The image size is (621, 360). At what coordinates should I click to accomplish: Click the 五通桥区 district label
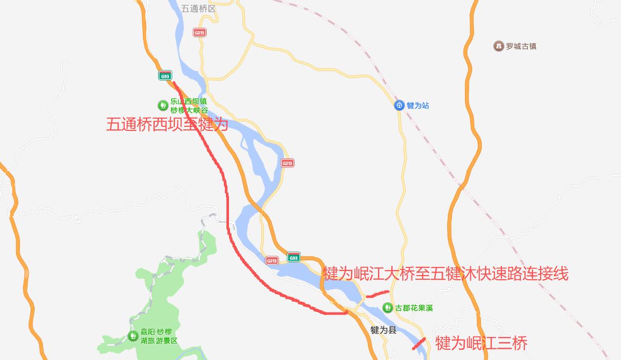(198, 9)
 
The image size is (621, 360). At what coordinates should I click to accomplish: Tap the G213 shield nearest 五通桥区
(199, 32)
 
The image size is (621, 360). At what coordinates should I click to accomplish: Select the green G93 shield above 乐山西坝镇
(165, 76)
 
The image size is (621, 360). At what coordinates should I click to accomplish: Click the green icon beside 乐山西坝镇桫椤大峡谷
(163, 105)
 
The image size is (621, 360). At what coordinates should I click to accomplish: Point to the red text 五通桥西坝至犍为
(167, 124)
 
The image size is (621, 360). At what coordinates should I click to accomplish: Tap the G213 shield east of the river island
(287, 163)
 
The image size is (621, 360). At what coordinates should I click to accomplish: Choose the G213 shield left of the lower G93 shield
(272, 260)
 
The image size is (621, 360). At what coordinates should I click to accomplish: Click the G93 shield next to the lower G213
(293, 257)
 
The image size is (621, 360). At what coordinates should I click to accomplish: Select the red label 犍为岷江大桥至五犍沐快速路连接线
(445, 274)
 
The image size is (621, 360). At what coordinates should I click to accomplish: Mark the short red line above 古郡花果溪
(378, 294)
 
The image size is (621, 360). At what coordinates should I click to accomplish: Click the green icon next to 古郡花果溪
(387, 308)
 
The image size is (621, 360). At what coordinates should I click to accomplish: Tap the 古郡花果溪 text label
(414, 308)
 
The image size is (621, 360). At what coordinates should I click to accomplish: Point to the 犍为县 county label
(383, 330)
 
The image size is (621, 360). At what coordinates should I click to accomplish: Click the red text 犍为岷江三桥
(481, 343)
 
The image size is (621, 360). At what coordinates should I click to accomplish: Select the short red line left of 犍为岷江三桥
(419, 344)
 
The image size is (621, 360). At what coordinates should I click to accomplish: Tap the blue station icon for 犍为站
(399, 105)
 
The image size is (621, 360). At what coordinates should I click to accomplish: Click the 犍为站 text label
(418, 105)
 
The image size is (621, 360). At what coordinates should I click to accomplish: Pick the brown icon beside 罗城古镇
(498, 47)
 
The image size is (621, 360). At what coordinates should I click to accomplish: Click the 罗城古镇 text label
(521, 47)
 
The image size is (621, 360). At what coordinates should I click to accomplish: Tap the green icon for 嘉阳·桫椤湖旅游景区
(132, 335)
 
